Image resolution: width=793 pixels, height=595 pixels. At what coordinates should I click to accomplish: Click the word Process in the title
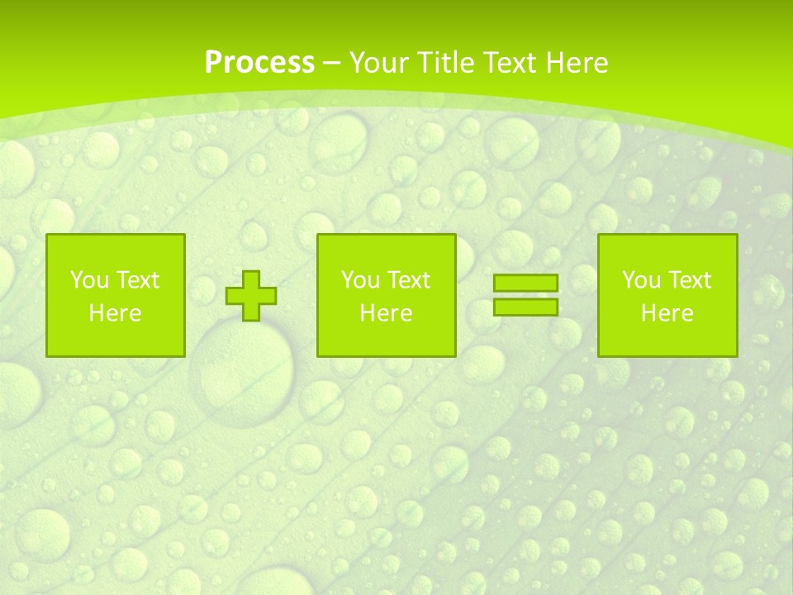point(259,63)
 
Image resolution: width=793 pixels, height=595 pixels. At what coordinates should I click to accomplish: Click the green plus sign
point(251,296)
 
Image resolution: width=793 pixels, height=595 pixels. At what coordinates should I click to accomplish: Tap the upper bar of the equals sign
point(525,283)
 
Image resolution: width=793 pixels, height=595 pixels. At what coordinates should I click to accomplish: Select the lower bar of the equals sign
point(525,307)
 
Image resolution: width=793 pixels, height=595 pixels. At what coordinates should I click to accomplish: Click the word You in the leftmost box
point(89,280)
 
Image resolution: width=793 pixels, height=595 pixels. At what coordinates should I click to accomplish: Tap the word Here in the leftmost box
point(116,313)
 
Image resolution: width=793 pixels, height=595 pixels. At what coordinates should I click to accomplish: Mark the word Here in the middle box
point(387,313)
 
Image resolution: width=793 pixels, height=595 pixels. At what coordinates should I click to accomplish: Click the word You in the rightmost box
point(641,280)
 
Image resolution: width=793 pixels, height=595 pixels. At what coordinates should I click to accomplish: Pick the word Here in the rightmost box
point(667,313)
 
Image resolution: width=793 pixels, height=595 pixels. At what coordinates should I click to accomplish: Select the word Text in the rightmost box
point(689,280)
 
